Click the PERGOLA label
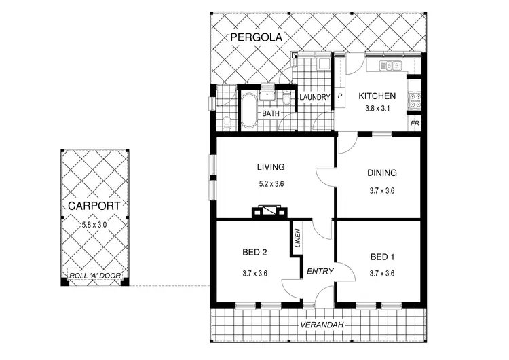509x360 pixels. pyautogui.click(x=256, y=37)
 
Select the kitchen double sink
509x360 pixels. pyautogui.click(x=390, y=66)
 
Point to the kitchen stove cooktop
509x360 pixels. pyautogui.click(x=415, y=101)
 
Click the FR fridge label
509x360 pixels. pyautogui.click(x=414, y=124)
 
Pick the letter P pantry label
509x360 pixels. pyautogui.click(x=340, y=97)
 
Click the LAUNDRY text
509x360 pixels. pyautogui.click(x=314, y=98)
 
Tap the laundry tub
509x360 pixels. pyautogui.click(x=323, y=66)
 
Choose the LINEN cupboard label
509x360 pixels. pyautogui.click(x=297, y=238)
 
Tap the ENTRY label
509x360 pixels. pyautogui.click(x=320, y=272)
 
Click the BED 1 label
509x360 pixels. pyautogui.click(x=382, y=257)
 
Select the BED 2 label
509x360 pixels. pyautogui.click(x=254, y=253)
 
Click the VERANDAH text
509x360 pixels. pyautogui.click(x=320, y=325)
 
